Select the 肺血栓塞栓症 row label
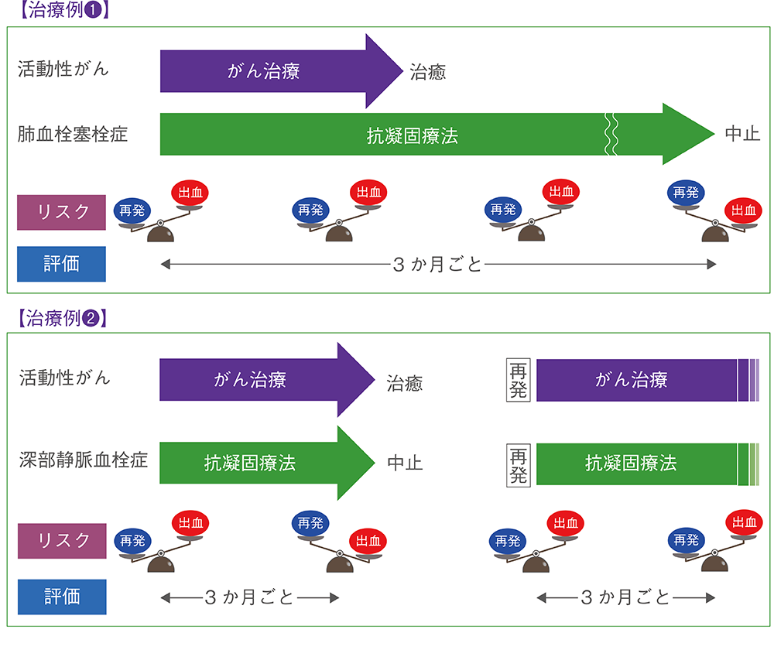pos(73,135)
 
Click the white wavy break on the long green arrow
pos(611,135)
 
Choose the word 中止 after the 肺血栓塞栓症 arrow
pos(742,134)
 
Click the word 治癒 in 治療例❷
pos(404,382)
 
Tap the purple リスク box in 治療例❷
pos(61,539)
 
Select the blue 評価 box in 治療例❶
pos(61,264)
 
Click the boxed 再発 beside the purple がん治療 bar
pos(518,380)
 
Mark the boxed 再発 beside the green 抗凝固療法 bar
pos(518,464)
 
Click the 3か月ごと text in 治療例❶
pos(437,265)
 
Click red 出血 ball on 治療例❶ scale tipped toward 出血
pos(743,210)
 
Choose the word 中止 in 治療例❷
pos(404,464)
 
